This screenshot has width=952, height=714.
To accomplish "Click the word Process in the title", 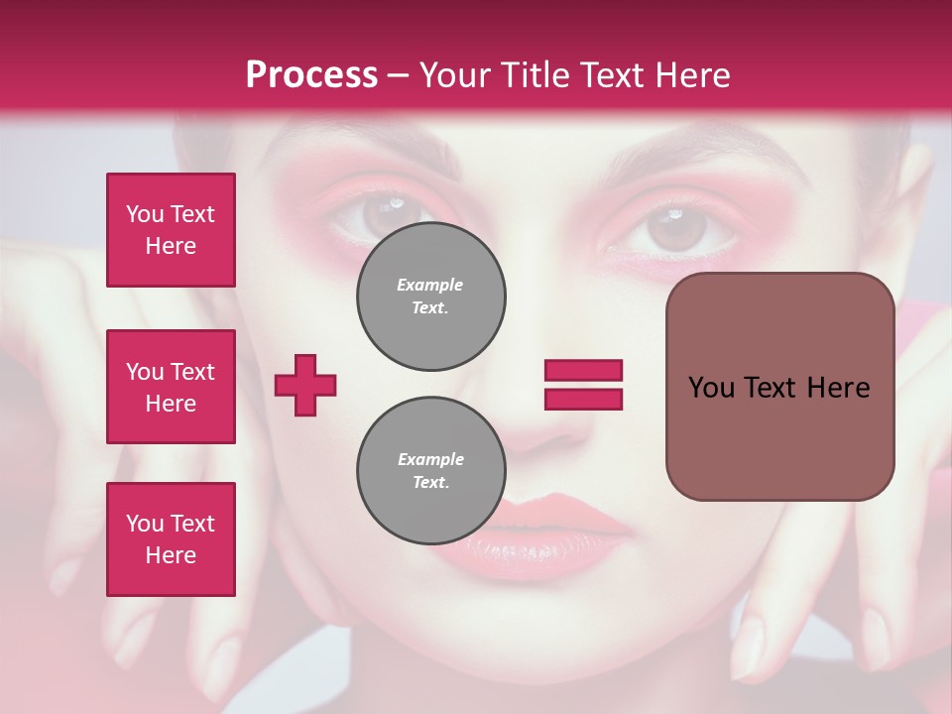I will coord(311,75).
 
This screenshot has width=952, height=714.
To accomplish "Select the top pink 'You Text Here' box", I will coord(171,230).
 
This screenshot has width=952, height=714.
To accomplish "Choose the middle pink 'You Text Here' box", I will coord(171,387).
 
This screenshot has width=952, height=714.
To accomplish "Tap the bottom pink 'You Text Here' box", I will coord(171,539).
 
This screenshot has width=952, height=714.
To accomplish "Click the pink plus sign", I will coord(305,385).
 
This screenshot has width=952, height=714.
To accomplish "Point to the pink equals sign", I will coord(583,385).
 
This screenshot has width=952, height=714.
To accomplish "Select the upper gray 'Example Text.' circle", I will coord(430,297).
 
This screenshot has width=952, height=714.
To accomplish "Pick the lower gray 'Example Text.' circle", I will coord(430,471).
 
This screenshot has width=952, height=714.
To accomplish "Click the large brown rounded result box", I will coord(779,386).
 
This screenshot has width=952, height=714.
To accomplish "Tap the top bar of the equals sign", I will coord(583,371).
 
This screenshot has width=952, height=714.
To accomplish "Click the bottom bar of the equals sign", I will coord(583,399).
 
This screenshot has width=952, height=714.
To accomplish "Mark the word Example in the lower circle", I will coord(430,459).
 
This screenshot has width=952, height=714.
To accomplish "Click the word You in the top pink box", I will coord(145,214).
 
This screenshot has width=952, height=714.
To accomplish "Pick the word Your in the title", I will coord(457,75).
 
